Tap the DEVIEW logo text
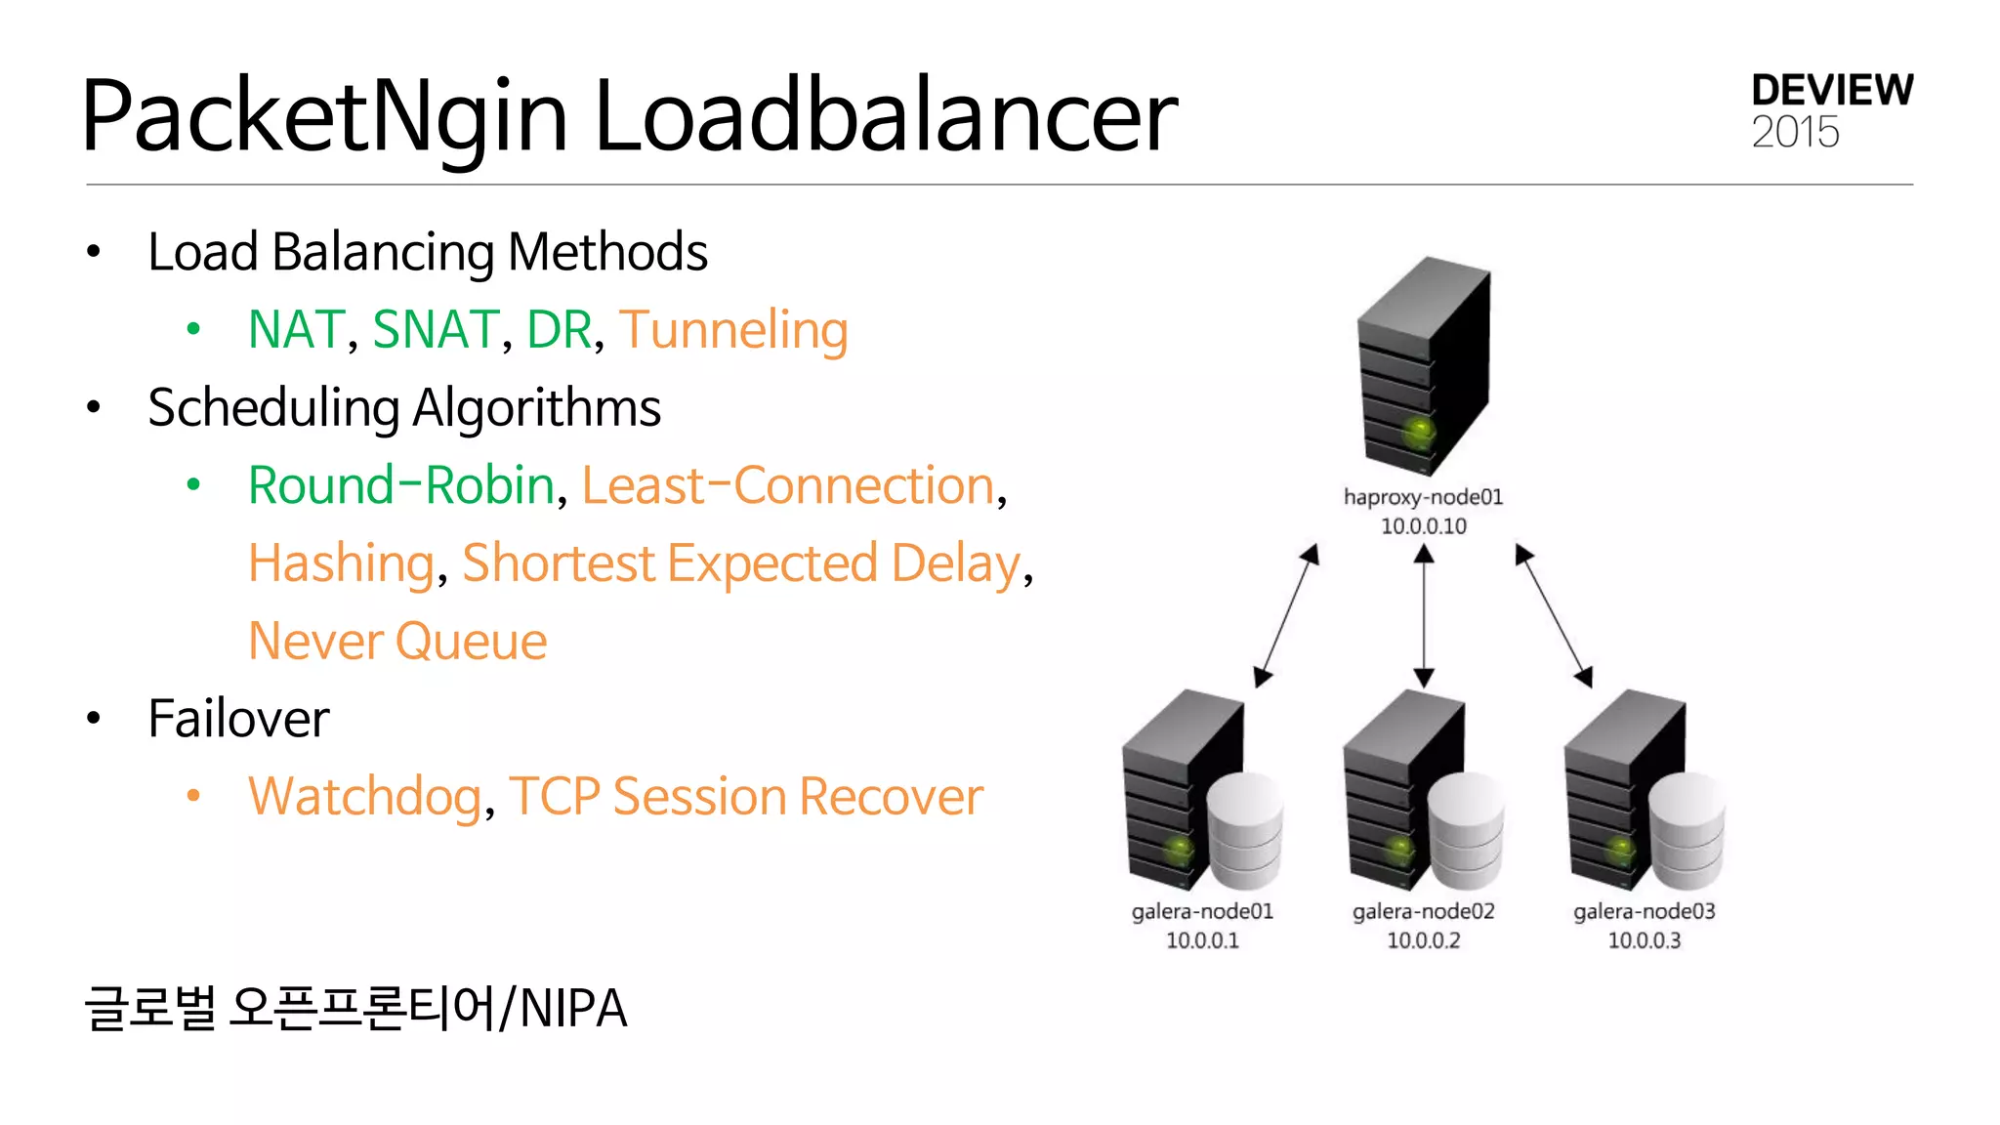coord(1832,91)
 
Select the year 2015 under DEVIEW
coord(1795,133)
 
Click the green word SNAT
coord(436,330)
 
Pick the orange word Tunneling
coord(733,330)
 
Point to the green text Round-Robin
coord(401,485)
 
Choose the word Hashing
coord(341,563)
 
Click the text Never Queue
coord(397,642)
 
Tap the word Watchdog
coord(364,797)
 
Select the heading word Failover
coord(238,720)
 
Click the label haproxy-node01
coord(1423,497)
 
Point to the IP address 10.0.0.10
coord(1423,526)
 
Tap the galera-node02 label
coord(1423,911)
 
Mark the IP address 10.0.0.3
coord(1645,940)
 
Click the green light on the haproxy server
coord(1418,430)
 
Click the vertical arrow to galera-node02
coord(1424,615)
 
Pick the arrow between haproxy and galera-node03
coord(1553,615)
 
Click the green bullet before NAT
coord(193,330)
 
